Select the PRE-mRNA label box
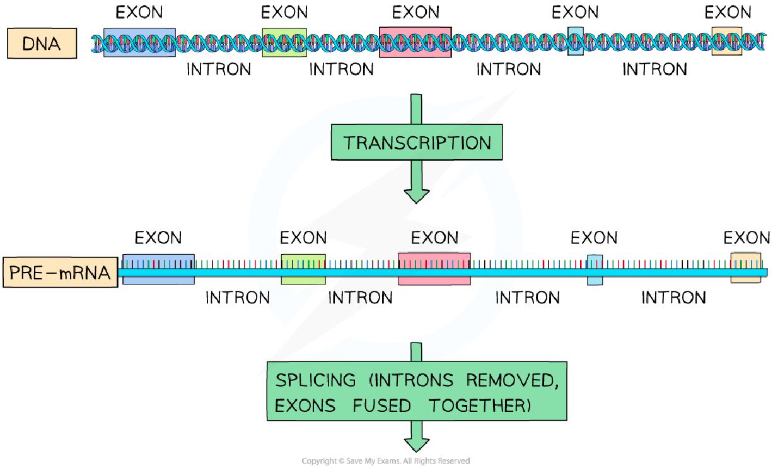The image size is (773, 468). pyautogui.click(x=60, y=272)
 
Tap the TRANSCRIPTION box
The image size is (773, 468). pyautogui.click(x=417, y=142)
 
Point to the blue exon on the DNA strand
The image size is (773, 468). pyautogui.click(x=139, y=42)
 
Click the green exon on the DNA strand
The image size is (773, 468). pyautogui.click(x=284, y=42)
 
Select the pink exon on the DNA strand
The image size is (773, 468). pyautogui.click(x=415, y=42)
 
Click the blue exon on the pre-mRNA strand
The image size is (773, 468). pyautogui.click(x=158, y=269)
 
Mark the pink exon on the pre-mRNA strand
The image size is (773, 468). pyautogui.click(x=434, y=269)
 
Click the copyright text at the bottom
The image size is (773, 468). pyautogui.click(x=386, y=461)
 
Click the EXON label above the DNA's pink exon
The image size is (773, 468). pyautogui.click(x=416, y=12)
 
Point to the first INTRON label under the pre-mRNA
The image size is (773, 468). pyautogui.click(x=237, y=297)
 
